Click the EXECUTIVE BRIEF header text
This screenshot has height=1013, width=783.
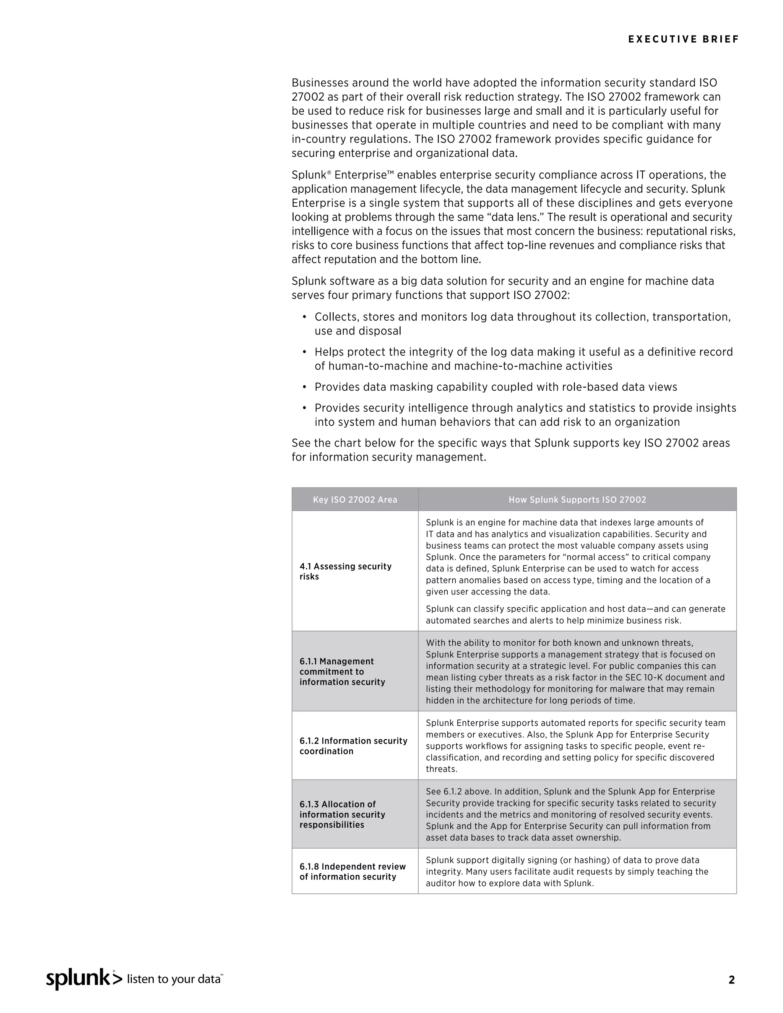coord(683,39)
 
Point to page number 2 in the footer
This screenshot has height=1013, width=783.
coord(731,980)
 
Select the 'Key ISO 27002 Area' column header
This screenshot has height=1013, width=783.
coord(355,500)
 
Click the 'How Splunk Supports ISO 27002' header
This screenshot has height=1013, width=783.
coord(577,500)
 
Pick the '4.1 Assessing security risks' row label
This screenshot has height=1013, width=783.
coord(345,571)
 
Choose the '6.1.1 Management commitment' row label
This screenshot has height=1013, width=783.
coord(342,671)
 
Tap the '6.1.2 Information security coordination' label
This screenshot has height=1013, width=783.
coord(353,746)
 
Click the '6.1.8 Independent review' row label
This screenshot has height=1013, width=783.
coord(352,872)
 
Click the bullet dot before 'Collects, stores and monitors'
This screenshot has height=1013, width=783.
coord(304,317)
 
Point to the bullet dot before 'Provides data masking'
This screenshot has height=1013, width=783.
coord(304,387)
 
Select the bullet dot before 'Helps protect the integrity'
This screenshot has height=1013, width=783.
coord(304,352)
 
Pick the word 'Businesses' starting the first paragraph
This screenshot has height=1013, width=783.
coord(320,83)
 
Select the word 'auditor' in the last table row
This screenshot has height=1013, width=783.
coord(440,883)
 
